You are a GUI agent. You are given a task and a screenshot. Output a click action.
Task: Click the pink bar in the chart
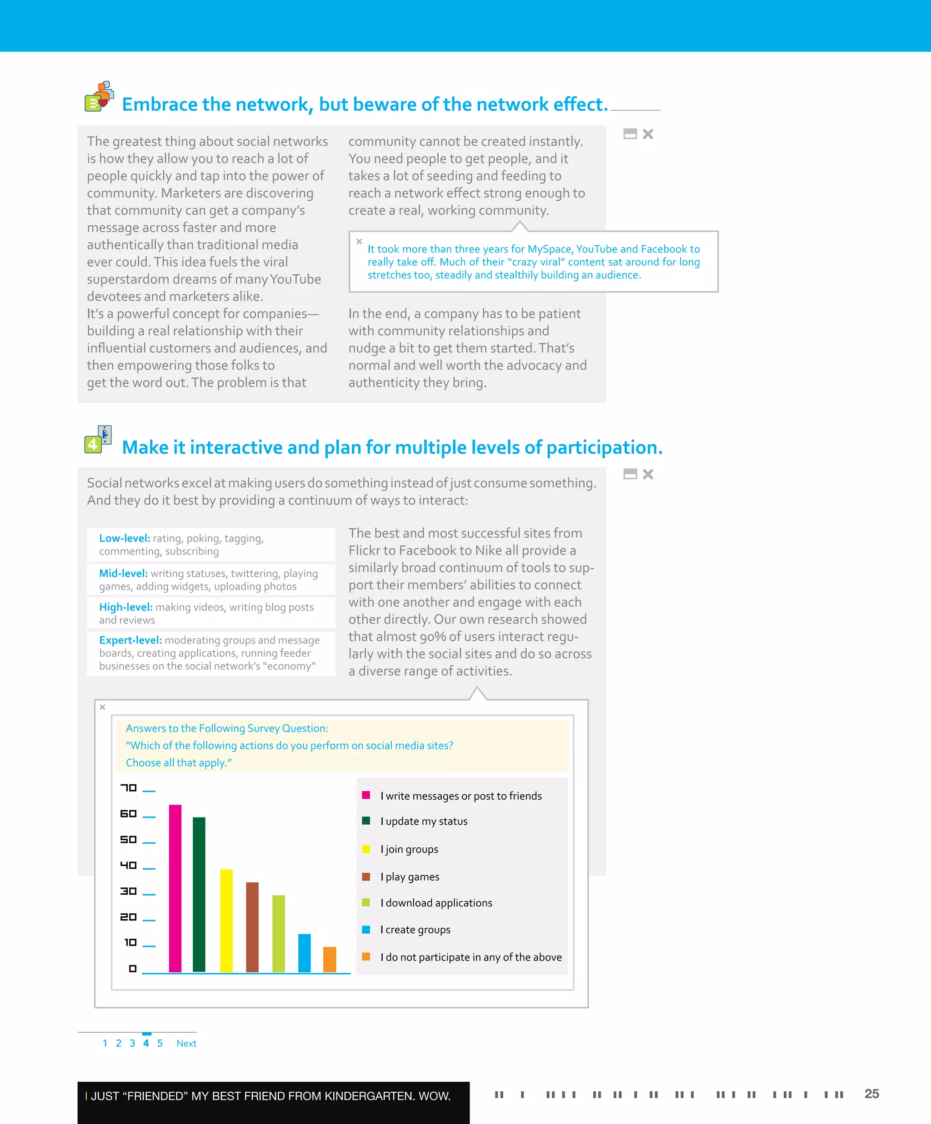175,888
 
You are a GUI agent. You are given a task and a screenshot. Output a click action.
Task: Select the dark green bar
199,894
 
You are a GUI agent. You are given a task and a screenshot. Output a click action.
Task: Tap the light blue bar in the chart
304,953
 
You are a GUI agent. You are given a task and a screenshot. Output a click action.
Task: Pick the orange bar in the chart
330,959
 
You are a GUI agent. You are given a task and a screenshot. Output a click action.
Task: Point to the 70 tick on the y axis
129,788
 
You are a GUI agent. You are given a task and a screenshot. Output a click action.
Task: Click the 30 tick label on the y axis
129,891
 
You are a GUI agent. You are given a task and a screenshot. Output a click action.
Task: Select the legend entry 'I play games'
409,876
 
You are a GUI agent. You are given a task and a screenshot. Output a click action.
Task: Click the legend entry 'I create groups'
415,930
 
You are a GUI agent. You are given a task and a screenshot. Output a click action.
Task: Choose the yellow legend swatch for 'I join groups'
366,849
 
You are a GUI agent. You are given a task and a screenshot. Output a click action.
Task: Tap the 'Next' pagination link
186,1043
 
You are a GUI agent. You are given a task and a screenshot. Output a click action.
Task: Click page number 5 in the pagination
160,1043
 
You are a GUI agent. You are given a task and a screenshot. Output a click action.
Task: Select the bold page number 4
146,1043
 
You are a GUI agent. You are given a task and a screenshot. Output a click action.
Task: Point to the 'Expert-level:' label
130,640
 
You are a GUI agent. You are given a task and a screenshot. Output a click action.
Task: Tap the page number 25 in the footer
871,1094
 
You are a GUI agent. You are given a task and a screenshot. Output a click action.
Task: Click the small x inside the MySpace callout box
359,242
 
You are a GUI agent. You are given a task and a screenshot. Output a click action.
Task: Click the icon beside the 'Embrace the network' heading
99,96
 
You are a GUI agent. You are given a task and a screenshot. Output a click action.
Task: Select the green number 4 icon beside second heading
94,444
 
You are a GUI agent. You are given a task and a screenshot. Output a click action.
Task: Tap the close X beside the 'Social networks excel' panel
648,474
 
